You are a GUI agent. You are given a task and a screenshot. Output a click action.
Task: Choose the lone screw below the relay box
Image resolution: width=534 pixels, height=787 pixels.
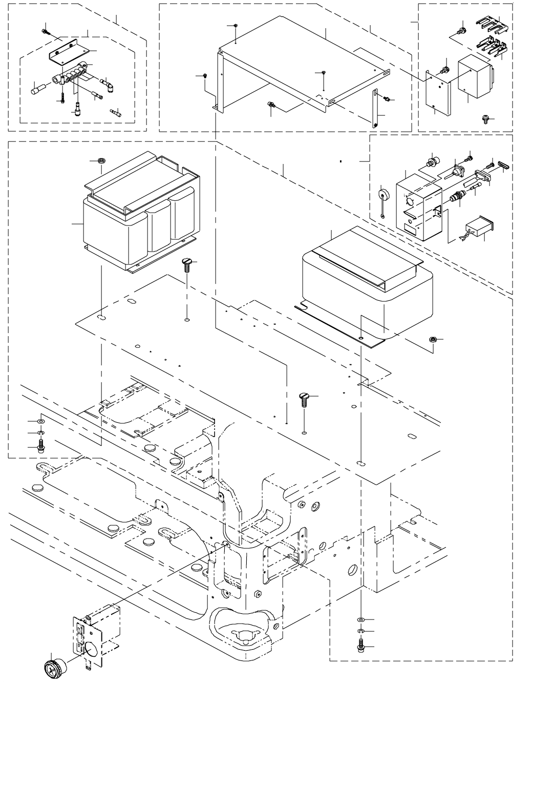click(x=485, y=118)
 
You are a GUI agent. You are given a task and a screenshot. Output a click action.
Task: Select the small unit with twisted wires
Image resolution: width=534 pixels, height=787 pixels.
click(x=478, y=229)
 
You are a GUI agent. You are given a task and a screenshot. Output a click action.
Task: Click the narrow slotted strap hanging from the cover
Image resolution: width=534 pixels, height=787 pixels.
click(x=376, y=108)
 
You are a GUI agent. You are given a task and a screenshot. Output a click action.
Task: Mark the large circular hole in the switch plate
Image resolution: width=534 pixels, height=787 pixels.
click(x=92, y=649)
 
